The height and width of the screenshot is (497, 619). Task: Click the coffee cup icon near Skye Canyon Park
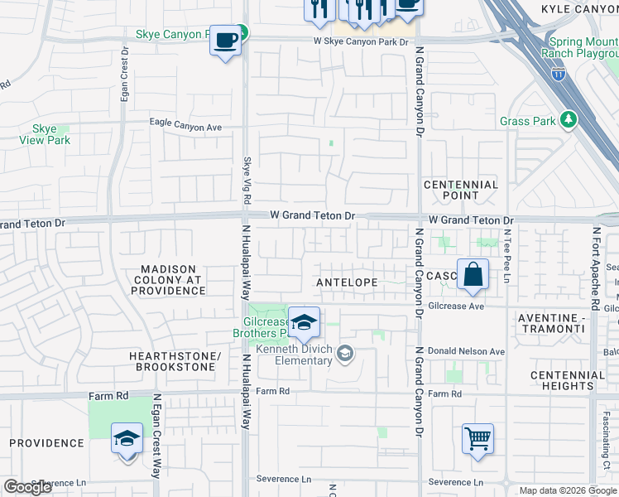pyautogui.click(x=226, y=40)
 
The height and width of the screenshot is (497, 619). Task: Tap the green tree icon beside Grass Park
pyautogui.click(x=568, y=121)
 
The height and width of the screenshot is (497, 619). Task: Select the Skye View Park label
pyautogui.click(x=45, y=134)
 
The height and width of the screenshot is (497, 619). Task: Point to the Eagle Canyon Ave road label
pyautogui.click(x=186, y=126)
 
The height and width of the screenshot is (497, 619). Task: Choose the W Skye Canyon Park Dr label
pyautogui.click(x=361, y=41)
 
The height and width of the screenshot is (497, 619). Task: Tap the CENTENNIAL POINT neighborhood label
pyautogui.click(x=461, y=191)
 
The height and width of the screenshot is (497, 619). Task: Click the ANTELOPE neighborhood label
pyautogui.click(x=347, y=282)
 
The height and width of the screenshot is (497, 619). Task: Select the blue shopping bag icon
pyautogui.click(x=472, y=274)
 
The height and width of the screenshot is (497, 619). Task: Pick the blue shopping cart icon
pyautogui.click(x=478, y=438)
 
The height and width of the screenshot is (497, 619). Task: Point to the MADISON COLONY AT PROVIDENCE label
pyautogui.click(x=168, y=280)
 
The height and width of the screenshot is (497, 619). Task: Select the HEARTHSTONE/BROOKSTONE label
pyautogui.click(x=175, y=361)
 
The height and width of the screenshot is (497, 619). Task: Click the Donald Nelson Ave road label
pyautogui.click(x=463, y=352)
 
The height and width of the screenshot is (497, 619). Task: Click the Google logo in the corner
pyautogui.click(x=28, y=487)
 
